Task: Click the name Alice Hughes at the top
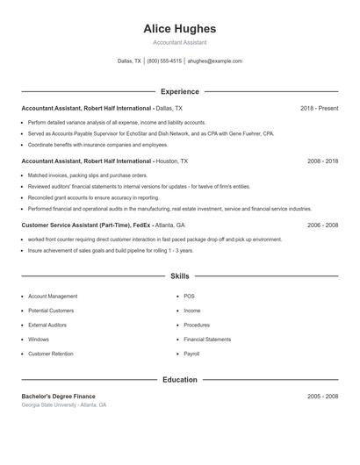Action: [179, 29]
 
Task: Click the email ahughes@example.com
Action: [214, 61]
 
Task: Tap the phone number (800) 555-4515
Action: [164, 61]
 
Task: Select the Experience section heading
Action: [179, 91]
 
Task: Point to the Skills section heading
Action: [179, 275]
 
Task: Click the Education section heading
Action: [179, 380]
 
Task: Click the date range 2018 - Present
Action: [319, 108]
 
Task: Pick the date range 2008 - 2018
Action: [322, 161]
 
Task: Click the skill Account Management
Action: [53, 297]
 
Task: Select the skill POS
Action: [189, 297]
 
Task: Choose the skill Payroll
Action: [191, 354]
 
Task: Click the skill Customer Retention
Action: [51, 354]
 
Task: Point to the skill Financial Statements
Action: [207, 340]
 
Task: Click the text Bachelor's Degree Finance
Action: [58, 397]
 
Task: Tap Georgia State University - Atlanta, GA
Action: [63, 405]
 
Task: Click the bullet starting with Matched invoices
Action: [76, 175]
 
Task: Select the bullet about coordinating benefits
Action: [97, 145]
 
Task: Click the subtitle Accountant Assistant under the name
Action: [179, 42]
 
